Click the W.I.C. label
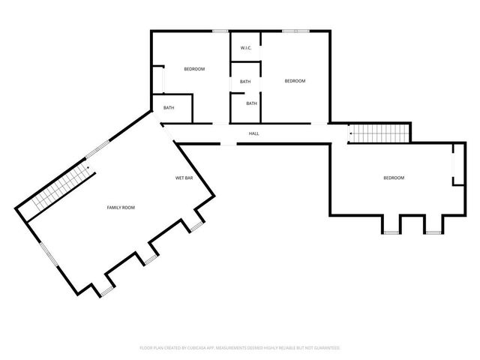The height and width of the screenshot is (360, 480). tap(245, 48)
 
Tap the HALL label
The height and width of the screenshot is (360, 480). tap(254, 134)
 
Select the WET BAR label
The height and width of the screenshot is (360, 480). tap(184, 178)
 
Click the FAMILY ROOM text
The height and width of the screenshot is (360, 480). tap(121, 207)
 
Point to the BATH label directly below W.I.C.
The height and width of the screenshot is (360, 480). tap(245, 82)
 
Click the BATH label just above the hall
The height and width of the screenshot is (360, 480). tap(251, 103)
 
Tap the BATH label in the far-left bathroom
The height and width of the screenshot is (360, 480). tap(169, 108)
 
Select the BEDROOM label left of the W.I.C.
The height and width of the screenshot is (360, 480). tap(194, 69)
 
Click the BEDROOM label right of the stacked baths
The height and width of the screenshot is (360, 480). tap(295, 81)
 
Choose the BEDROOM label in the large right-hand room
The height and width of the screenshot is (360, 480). tap(394, 178)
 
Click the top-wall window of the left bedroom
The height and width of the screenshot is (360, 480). tap(220, 31)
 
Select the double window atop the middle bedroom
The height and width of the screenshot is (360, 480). tap(295, 31)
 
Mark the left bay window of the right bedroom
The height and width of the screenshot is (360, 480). tap(391, 232)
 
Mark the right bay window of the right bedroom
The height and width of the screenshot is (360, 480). tap(431, 232)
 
